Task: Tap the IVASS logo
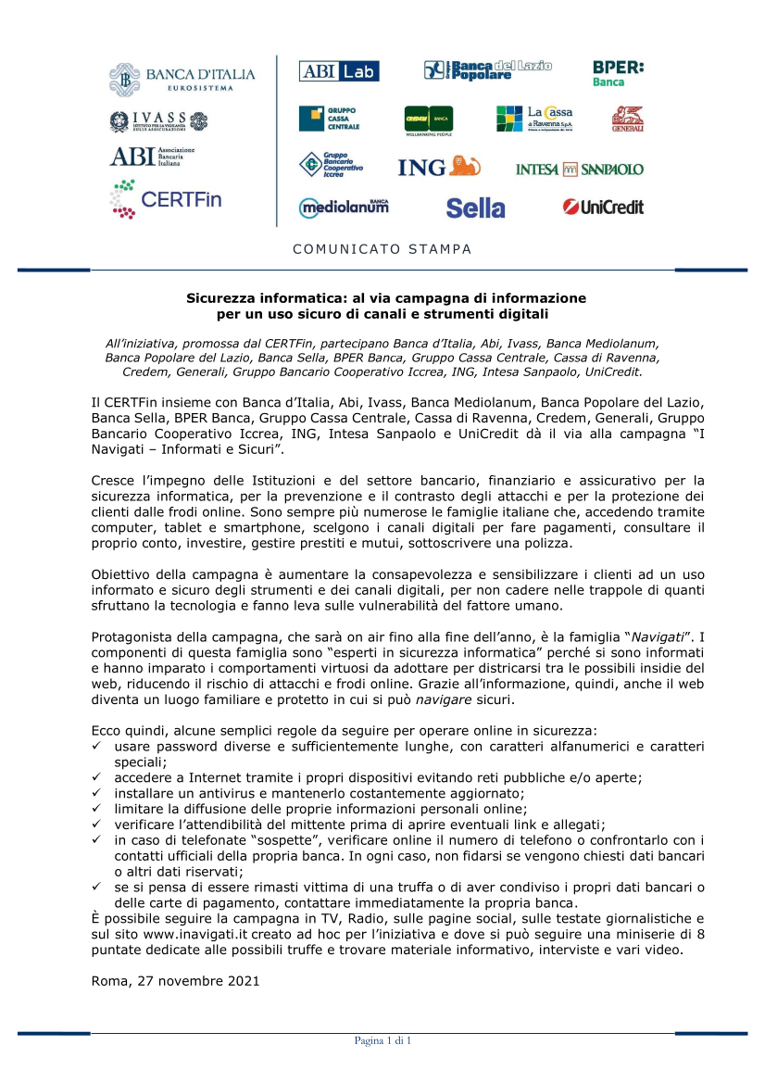tap(159, 121)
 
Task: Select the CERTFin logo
tap(166, 199)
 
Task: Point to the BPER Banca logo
tap(618, 73)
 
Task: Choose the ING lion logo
tap(439, 167)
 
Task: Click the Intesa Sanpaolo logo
tap(579, 170)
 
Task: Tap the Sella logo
tap(475, 208)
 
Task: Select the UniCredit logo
tap(603, 208)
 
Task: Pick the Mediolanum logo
tap(344, 208)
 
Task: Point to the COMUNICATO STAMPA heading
tap(382, 249)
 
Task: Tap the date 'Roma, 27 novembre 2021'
tap(175, 979)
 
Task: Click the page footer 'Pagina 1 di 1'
tap(382, 1040)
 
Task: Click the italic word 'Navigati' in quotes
tap(658, 636)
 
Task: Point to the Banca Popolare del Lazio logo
tap(488, 70)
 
